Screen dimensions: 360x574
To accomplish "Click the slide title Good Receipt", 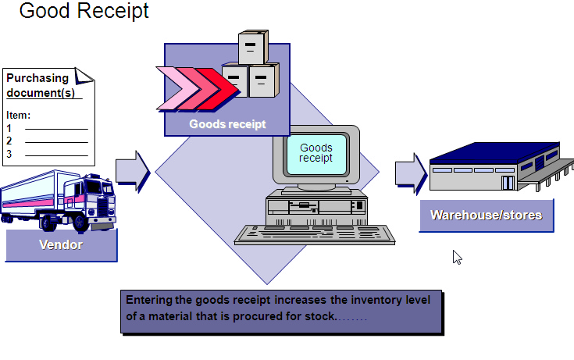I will click(x=84, y=12).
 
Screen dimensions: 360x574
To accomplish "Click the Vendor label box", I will click(x=61, y=245).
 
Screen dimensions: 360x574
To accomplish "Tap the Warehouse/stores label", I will click(x=486, y=215).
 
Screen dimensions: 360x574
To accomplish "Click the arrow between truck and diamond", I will click(x=132, y=171).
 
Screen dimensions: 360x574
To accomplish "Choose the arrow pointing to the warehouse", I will click(x=410, y=171).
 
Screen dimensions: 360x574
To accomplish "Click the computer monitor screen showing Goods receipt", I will click(x=316, y=153).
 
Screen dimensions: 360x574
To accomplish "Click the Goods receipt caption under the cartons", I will click(x=227, y=124).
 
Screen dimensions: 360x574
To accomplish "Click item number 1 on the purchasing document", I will click(x=9, y=127).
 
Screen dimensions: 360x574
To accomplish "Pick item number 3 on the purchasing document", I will click(x=9, y=154).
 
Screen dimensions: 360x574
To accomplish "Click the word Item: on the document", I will click(x=18, y=115).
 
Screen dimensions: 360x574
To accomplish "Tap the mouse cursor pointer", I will click(x=457, y=256).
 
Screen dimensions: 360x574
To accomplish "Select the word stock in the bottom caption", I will click(x=318, y=317).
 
